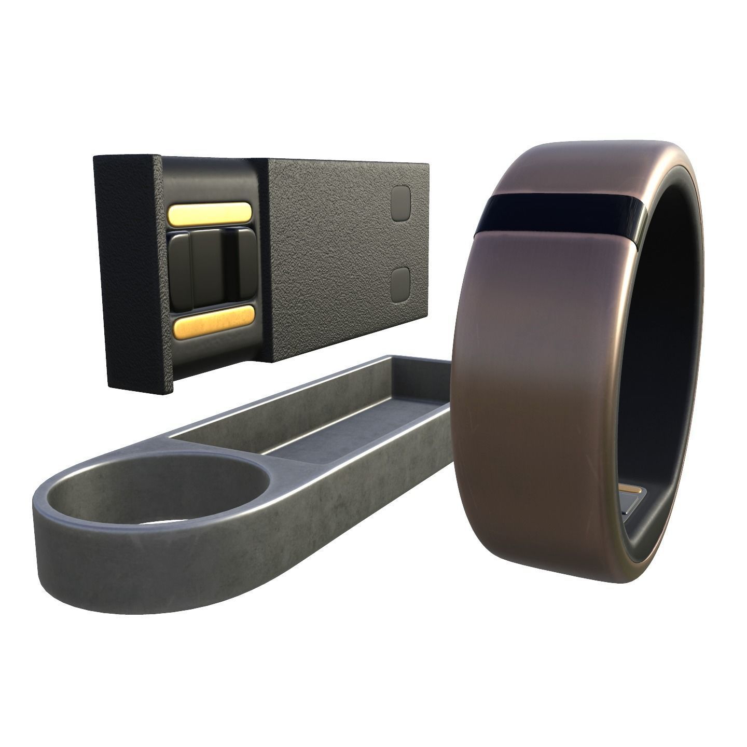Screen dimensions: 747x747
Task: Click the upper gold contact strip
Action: click(x=210, y=213)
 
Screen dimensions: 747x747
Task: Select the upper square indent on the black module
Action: click(x=400, y=203)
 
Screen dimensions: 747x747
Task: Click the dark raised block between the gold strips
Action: click(x=210, y=269)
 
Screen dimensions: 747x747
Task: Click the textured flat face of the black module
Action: click(x=332, y=249)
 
